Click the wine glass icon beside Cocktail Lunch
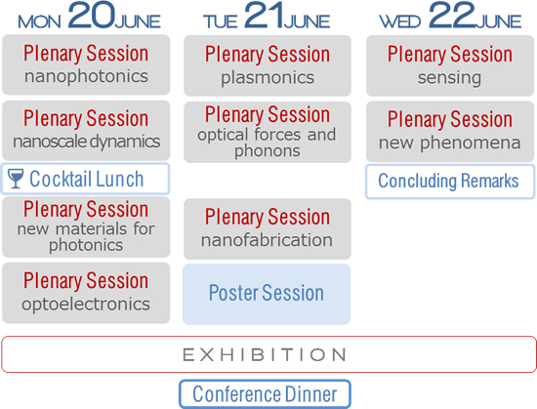click(16, 179)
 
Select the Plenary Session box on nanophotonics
click(86, 64)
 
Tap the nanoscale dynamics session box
click(86, 131)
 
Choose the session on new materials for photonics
click(86, 226)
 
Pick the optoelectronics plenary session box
click(86, 293)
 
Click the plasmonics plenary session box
click(268, 65)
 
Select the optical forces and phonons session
click(268, 132)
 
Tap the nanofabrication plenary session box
click(268, 229)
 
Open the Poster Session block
click(267, 294)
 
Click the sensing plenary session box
click(450, 65)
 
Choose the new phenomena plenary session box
click(450, 132)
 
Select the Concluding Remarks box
click(450, 182)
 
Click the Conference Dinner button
click(265, 394)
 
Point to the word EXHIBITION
click(265, 354)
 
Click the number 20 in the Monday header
click(91, 16)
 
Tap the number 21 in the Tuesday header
click(264, 16)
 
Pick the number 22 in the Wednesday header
click(452, 16)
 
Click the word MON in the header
click(39, 22)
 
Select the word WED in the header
click(399, 22)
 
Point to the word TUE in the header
click(221, 22)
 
